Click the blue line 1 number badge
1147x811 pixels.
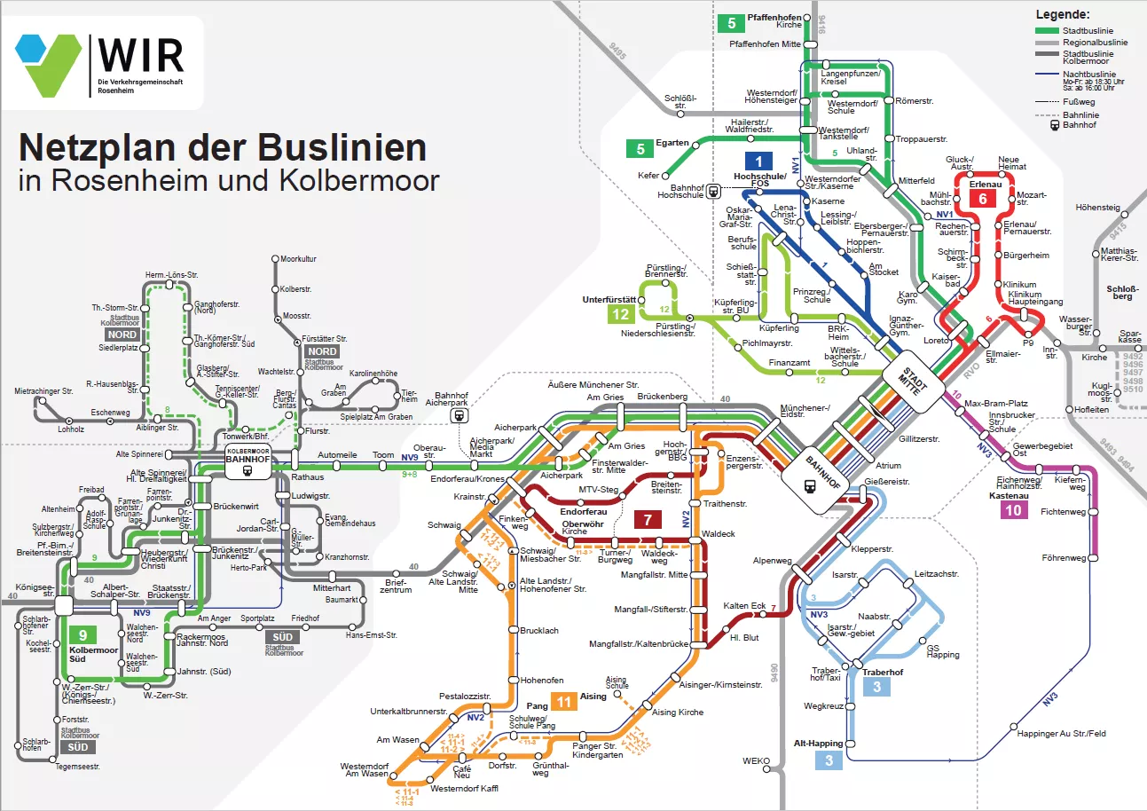[758, 161]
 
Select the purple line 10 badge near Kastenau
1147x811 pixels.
[1014, 510]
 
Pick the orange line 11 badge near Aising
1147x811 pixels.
[564, 701]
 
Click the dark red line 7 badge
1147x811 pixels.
[648, 520]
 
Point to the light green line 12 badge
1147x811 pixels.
[621, 314]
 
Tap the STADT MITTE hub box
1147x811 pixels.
[912, 382]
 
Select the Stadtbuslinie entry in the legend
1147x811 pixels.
[1080, 30]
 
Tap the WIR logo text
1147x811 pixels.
[141, 55]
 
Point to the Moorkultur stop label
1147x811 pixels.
[298, 259]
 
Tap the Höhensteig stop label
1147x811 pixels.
[1098, 208]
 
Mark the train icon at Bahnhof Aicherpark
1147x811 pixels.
[459, 413]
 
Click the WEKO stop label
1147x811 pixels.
[756, 760]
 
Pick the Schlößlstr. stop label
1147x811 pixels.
[680, 102]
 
